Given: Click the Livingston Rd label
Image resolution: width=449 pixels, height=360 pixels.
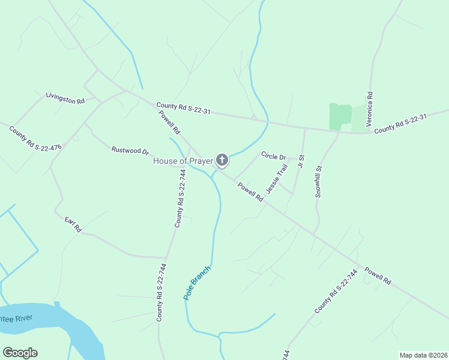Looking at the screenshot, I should pos(65,98).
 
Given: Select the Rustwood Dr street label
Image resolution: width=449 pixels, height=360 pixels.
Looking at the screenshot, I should pos(130,150).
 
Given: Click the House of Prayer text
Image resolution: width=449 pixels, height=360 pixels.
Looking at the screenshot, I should pos(183,161).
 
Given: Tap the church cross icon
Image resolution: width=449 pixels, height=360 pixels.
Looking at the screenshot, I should pos(222,160).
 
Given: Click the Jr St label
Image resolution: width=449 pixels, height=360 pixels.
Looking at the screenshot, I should pos(301,161).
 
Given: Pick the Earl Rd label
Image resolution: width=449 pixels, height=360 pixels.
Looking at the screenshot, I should pos(73,224).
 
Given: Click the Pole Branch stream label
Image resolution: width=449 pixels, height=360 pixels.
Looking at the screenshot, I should pos(197,283).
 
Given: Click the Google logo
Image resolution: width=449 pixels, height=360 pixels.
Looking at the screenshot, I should pos(20,353).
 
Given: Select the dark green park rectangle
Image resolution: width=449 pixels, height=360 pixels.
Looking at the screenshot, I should pos(340,116).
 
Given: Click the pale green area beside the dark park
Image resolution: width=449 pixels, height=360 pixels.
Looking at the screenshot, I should pos(359,118).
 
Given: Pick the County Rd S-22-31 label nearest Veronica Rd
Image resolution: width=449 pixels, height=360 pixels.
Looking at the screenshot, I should pos(400,124).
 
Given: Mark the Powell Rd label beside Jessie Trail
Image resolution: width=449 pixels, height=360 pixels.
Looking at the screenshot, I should pos(250,192).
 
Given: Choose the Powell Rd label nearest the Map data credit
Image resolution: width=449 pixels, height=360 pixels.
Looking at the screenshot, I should pos(378,275).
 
